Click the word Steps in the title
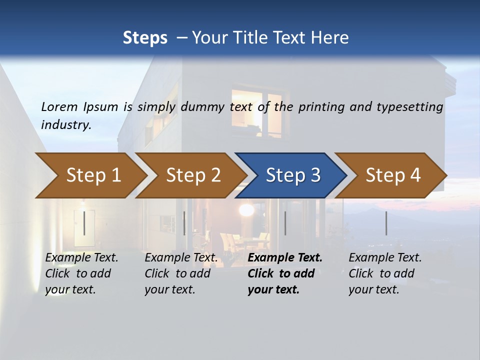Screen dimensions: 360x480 [x=145, y=37]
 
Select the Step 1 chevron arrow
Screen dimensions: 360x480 [x=90, y=175]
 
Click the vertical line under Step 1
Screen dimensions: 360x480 [x=84, y=223]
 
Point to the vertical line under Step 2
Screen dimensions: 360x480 [x=184, y=223]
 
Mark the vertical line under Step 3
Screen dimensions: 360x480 [x=285, y=223]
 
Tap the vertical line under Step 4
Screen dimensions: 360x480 [x=386, y=223]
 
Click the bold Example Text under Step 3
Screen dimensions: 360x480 [x=285, y=273]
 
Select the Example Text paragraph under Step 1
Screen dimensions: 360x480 [x=81, y=273]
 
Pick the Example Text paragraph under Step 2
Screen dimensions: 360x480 [x=181, y=273]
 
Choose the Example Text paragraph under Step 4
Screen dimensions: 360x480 [x=385, y=273]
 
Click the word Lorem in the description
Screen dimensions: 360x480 [x=59, y=106]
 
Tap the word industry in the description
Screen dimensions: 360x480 [x=66, y=125]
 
